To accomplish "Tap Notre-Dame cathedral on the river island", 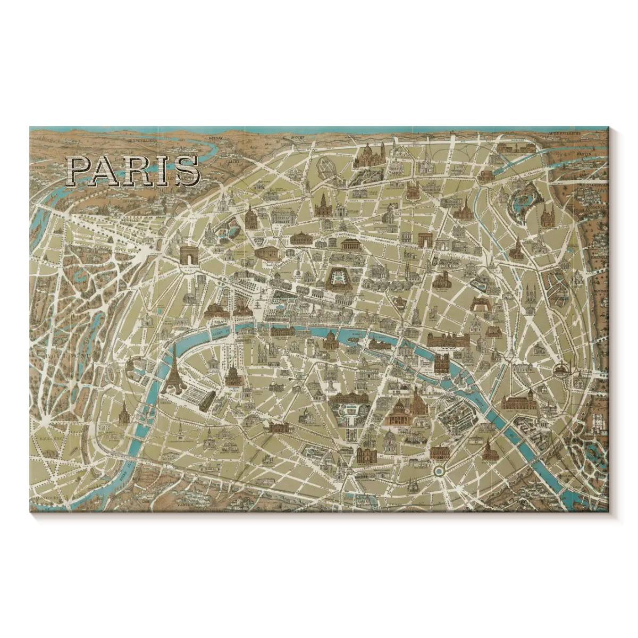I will (x=441, y=364).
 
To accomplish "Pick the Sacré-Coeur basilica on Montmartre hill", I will (x=367, y=156).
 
